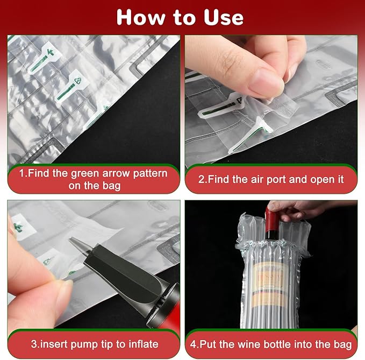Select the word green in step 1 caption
98,174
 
